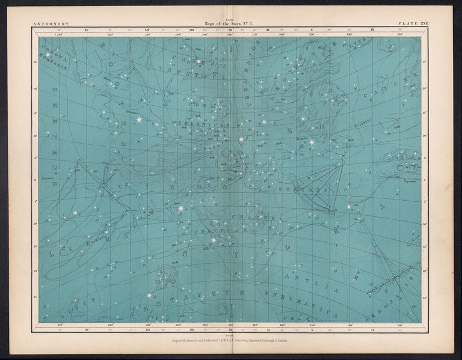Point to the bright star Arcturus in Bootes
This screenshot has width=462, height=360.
tap(140, 120)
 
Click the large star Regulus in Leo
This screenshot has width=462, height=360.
tap(312, 142)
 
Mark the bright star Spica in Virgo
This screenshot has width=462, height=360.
tap(180, 208)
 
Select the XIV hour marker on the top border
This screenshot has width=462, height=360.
tap(147, 29)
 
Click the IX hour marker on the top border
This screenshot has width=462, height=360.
tap(373, 29)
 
